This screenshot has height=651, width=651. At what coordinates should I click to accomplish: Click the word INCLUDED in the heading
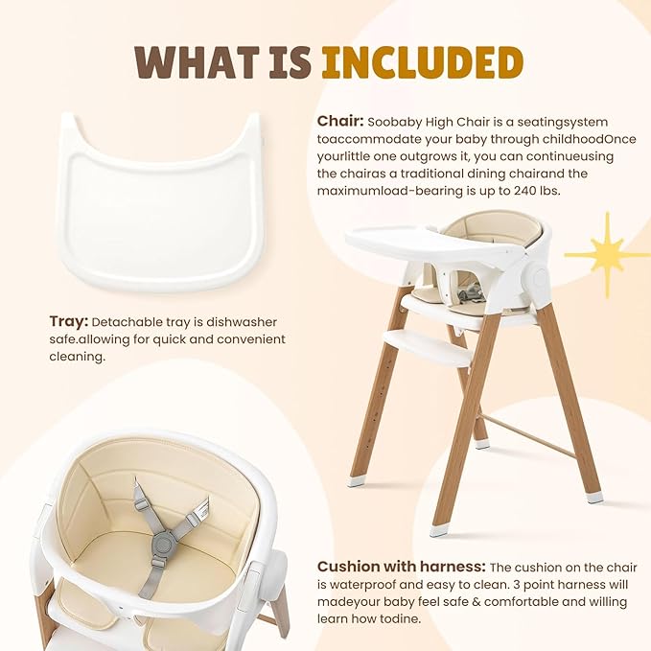click(423, 61)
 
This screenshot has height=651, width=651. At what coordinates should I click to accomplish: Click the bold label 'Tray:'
click(69, 322)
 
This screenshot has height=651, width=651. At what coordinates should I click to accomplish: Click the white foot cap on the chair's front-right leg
click(595, 497)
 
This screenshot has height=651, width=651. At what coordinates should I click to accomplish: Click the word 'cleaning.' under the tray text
click(79, 357)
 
